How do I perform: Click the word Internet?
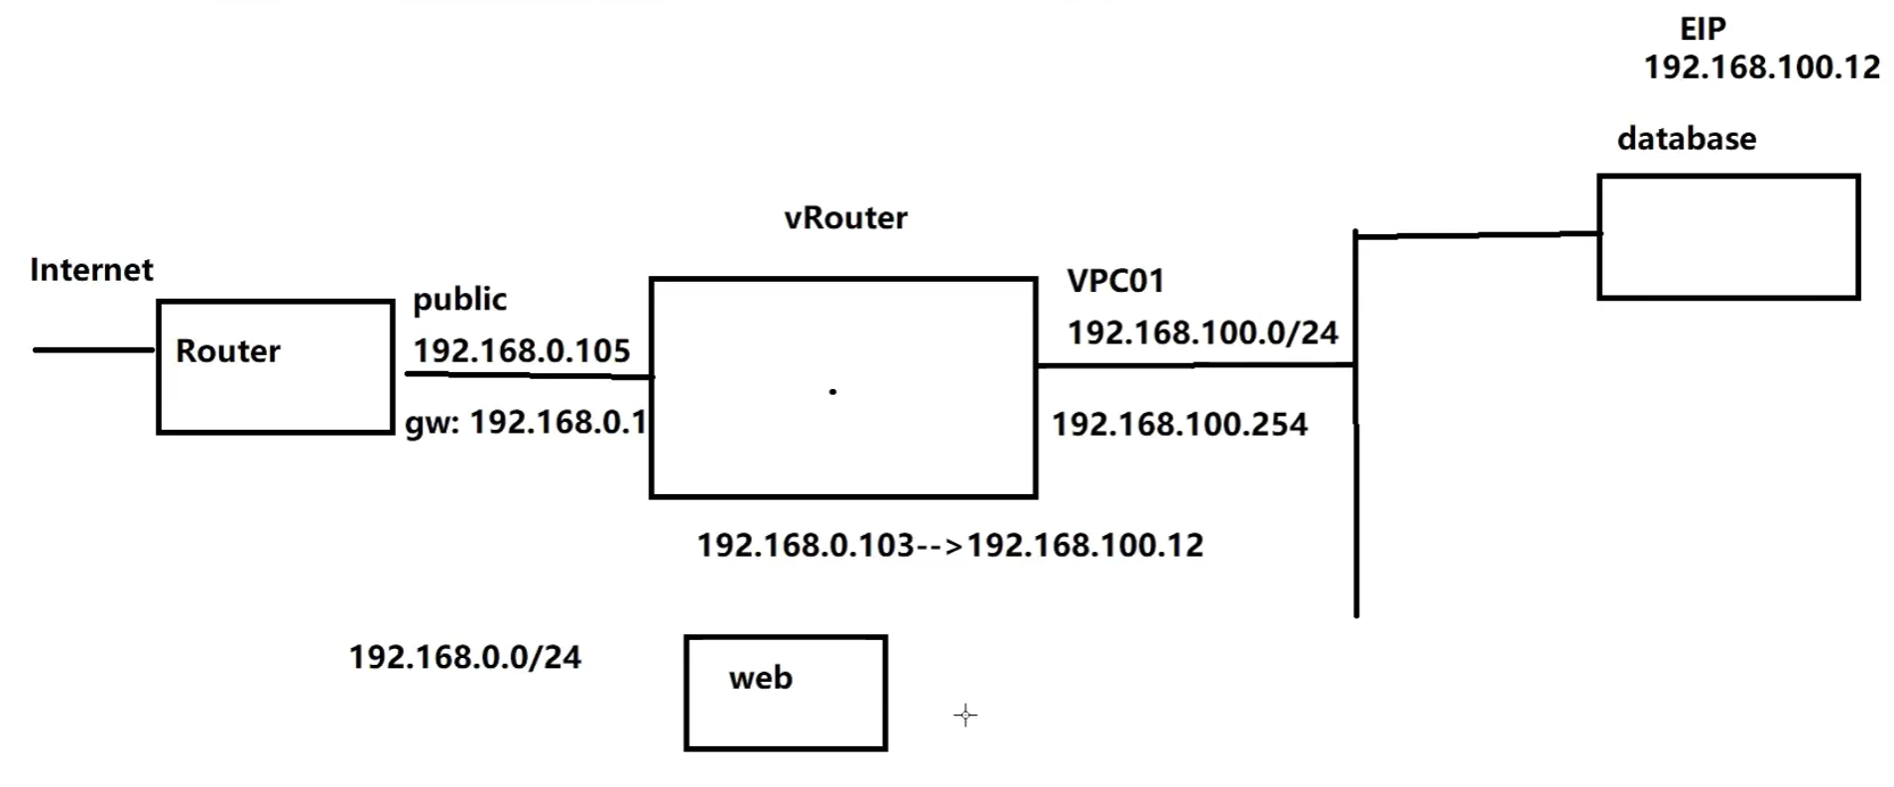91,270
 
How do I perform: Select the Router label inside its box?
227,351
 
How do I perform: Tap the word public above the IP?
459,300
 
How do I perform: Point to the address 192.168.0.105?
521,351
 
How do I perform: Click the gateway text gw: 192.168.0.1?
526,423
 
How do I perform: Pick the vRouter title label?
845,218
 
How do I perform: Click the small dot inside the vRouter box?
832,392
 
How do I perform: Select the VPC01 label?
1115,281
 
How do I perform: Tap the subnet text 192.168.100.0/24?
1202,332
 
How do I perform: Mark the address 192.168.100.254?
1180,425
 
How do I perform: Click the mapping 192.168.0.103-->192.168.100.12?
949,545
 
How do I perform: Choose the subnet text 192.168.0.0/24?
464,657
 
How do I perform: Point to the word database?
1686,139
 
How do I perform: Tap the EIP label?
1703,29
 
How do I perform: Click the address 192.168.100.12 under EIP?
1761,67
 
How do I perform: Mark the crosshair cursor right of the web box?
965,716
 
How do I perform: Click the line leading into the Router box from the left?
94,349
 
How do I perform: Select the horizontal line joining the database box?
1476,235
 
